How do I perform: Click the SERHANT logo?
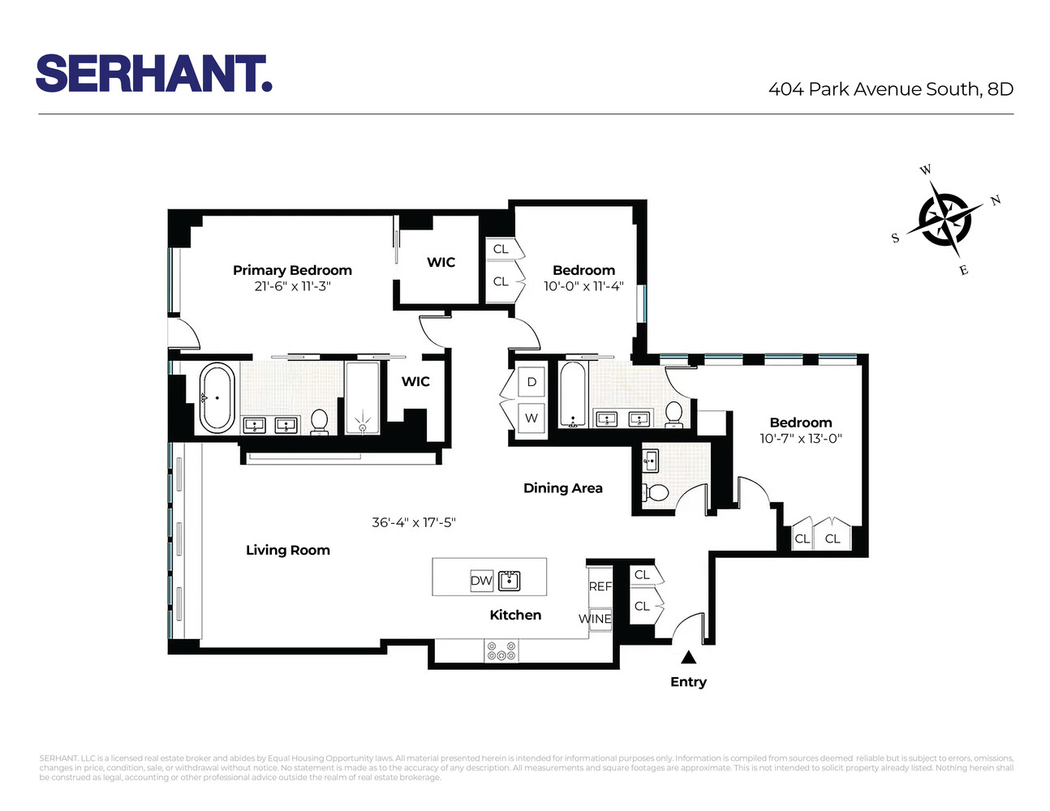pyautogui.click(x=153, y=74)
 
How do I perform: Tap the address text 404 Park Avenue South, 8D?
pyautogui.click(x=890, y=89)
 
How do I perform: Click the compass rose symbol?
pyautogui.click(x=943, y=217)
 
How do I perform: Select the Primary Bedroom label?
pyautogui.click(x=292, y=270)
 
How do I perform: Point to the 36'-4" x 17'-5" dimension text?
pyautogui.click(x=414, y=523)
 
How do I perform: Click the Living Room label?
pyautogui.click(x=288, y=550)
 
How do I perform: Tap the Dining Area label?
pyautogui.click(x=562, y=488)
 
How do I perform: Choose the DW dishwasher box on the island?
pyautogui.click(x=481, y=581)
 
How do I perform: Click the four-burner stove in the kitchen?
pyautogui.click(x=501, y=650)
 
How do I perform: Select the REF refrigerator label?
pyautogui.click(x=600, y=586)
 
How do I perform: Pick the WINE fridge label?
pyautogui.click(x=595, y=619)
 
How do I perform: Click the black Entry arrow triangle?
pyautogui.click(x=688, y=658)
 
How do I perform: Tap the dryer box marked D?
pyautogui.click(x=531, y=382)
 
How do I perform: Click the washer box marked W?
pyautogui.click(x=531, y=418)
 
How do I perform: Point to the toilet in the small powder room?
pyautogui.click(x=655, y=492)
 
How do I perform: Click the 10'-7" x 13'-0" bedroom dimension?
pyautogui.click(x=800, y=439)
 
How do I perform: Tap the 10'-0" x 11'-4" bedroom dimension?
pyautogui.click(x=583, y=286)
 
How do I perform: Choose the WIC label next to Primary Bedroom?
pyautogui.click(x=441, y=262)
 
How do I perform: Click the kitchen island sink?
pyautogui.click(x=509, y=581)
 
